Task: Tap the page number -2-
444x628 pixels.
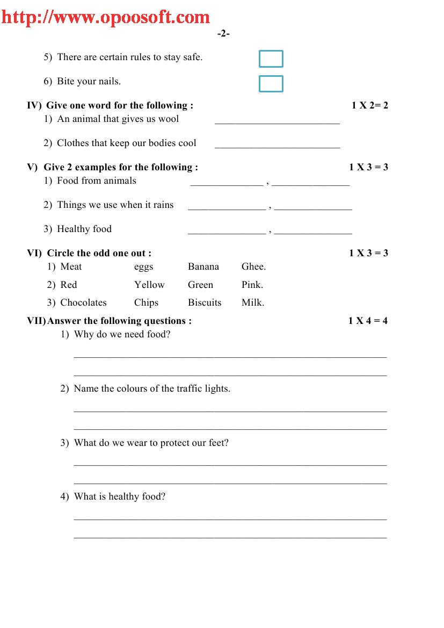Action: click(x=223, y=34)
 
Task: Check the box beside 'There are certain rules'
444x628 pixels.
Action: click(x=271, y=59)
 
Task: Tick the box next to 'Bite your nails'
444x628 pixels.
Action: click(x=271, y=84)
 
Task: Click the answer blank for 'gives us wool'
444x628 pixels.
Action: click(x=277, y=120)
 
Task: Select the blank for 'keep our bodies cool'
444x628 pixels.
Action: click(x=277, y=144)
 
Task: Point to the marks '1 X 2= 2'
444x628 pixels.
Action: click(x=369, y=105)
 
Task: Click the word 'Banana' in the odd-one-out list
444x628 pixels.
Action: click(x=203, y=267)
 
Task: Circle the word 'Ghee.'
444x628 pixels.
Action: click(x=253, y=267)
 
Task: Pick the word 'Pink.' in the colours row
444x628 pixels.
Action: click(x=252, y=285)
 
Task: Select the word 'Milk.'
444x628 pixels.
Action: click(x=253, y=302)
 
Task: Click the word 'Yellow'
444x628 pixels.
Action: click(x=149, y=285)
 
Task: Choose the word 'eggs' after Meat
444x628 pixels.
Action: click(x=144, y=267)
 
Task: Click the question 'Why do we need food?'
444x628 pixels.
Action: click(x=122, y=334)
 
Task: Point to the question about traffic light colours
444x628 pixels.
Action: click(x=152, y=388)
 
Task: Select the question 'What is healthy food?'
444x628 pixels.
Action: click(x=120, y=496)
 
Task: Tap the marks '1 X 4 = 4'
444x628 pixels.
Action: click(x=368, y=321)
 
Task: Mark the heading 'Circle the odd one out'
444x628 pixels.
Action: click(x=99, y=253)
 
